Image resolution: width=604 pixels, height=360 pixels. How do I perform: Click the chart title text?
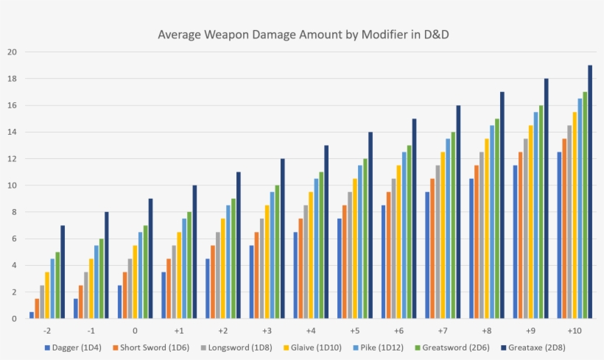click(x=302, y=35)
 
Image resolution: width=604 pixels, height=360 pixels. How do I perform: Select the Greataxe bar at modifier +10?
click(x=590, y=191)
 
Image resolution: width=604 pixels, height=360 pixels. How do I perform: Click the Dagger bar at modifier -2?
click(x=32, y=315)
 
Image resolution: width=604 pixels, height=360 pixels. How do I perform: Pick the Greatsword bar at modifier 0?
click(x=145, y=272)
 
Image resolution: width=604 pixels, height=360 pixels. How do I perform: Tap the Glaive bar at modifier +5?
click(x=355, y=248)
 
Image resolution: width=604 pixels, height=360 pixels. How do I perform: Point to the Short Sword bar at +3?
click(x=256, y=275)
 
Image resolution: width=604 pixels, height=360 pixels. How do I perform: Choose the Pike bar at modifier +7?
click(x=448, y=228)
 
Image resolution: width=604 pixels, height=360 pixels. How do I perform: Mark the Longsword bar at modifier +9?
click(x=525, y=228)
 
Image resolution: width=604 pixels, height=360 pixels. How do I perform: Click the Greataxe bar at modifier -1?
click(x=107, y=265)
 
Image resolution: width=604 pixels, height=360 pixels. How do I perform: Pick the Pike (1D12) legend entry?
click(x=371, y=347)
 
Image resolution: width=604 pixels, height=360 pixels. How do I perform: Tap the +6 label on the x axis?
click(x=398, y=331)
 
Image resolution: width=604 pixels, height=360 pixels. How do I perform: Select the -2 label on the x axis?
click(x=47, y=331)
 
